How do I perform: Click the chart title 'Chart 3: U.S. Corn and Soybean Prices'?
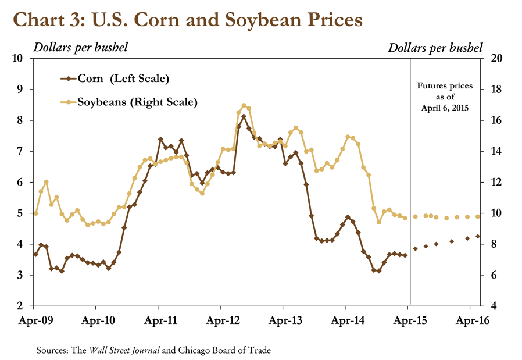188,19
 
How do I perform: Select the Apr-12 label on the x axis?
220,320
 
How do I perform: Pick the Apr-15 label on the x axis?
408,320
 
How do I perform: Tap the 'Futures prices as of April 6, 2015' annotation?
445,97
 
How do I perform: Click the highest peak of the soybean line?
244,106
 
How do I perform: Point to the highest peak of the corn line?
244,117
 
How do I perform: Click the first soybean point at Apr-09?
35,213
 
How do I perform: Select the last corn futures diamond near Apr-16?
478,236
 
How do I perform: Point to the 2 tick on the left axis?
19,306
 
